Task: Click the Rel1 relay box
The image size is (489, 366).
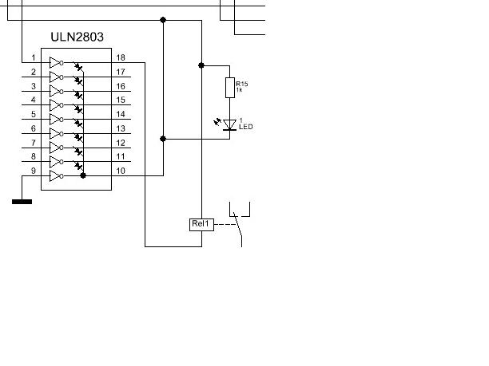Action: click(201, 223)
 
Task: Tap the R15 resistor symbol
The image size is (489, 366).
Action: click(230, 87)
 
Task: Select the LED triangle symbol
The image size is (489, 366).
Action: click(230, 124)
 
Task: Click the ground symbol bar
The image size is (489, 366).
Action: click(22, 202)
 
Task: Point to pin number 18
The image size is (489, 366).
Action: click(120, 58)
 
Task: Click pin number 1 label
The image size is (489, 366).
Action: click(34, 58)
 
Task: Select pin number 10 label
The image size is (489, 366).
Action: click(120, 171)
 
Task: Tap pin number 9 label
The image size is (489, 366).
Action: click(34, 171)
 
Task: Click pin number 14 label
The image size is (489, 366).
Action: click(120, 115)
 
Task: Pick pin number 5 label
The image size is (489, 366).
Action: click(34, 115)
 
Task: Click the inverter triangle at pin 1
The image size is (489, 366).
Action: click(55, 62)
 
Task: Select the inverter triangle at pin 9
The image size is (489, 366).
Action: click(55, 175)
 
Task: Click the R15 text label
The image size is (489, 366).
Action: click(241, 84)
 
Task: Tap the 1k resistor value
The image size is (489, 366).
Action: click(240, 91)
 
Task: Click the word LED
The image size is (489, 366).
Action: click(245, 127)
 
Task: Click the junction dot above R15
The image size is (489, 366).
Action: click(201, 65)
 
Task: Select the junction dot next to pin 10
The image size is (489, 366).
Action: click(83, 175)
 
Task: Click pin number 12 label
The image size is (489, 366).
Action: click(120, 144)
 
